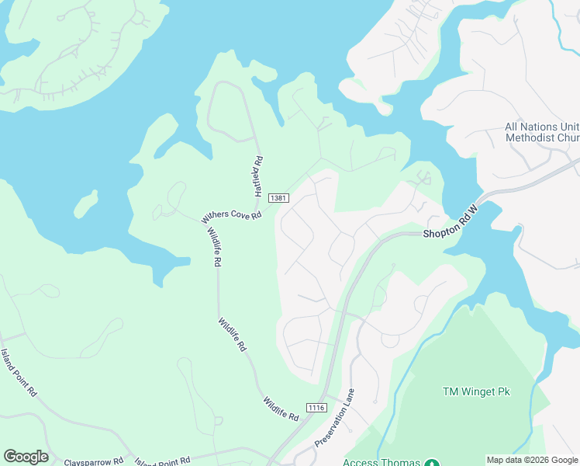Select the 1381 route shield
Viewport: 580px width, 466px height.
(279, 200)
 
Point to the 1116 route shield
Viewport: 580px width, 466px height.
(316, 408)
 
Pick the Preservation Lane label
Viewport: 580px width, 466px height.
(335, 418)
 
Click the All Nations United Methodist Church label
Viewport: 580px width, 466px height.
(541, 132)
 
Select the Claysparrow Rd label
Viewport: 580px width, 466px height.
(94, 461)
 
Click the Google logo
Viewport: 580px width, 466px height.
(26, 457)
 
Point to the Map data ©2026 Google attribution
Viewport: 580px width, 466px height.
(532, 460)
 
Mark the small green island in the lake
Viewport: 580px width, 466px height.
(87, 204)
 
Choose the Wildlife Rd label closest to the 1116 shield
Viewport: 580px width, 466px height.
(280, 409)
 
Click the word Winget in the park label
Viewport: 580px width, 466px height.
(479, 391)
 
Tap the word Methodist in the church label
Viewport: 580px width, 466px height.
(532, 137)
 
